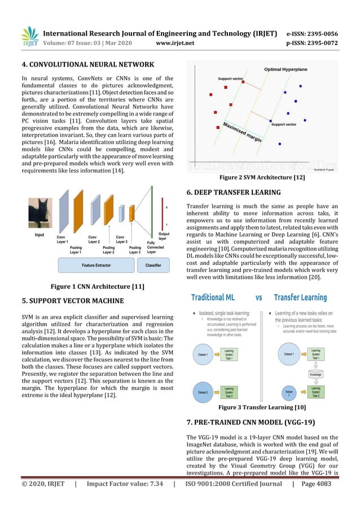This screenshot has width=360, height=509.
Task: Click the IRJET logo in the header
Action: (30, 36)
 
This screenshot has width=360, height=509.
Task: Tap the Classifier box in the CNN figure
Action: (153, 264)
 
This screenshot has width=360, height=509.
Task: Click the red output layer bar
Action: (163, 214)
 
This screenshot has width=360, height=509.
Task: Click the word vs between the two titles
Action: (259, 297)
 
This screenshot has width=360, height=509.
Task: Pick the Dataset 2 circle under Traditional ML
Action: (205, 390)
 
